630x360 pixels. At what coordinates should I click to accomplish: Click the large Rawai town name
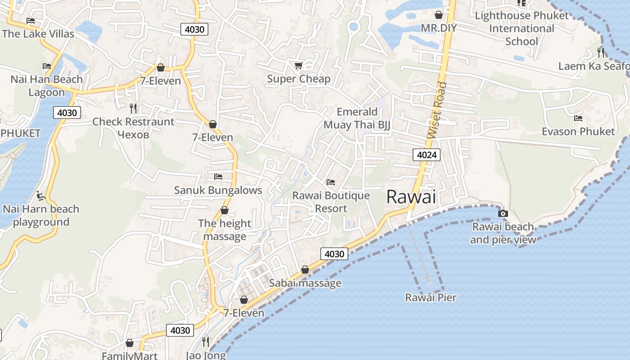(x=411, y=197)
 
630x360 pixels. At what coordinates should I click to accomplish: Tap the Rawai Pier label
(x=431, y=297)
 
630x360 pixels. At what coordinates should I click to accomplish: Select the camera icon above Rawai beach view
(x=503, y=213)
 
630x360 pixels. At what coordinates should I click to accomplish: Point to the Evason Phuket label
(x=578, y=131)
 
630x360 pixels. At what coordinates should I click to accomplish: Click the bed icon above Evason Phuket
(x=578, y=118)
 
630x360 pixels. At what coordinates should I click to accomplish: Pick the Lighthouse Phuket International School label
(x=522, y=28)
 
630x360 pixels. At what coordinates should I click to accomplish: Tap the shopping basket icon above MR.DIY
(x=439, y=15)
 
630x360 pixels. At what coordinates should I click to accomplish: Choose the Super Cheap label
(x=298, y=79)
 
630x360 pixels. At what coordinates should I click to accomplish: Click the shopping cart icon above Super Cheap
(x=298, y=66)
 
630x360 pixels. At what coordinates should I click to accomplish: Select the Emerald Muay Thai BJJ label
(x=357, y=118)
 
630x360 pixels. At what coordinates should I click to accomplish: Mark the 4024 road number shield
(x=426, y=155)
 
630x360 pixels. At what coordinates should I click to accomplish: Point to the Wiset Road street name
(x=437, y=110)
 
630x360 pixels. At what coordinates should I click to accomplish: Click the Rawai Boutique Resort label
(x=331, y=202)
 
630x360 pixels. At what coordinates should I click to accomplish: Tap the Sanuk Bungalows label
(x=218, y=190)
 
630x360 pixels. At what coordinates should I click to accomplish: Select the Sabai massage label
(x=305, y=283)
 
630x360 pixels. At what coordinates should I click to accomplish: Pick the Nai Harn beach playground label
(x=41, y=216)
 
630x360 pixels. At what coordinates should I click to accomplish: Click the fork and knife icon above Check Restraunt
(x=133, y=108)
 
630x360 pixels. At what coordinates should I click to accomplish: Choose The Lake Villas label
(x=38, y=34)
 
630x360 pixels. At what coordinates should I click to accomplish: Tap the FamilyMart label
(x=129, y=355)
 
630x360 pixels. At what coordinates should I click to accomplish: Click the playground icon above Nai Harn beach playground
(x=41, y=196)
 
